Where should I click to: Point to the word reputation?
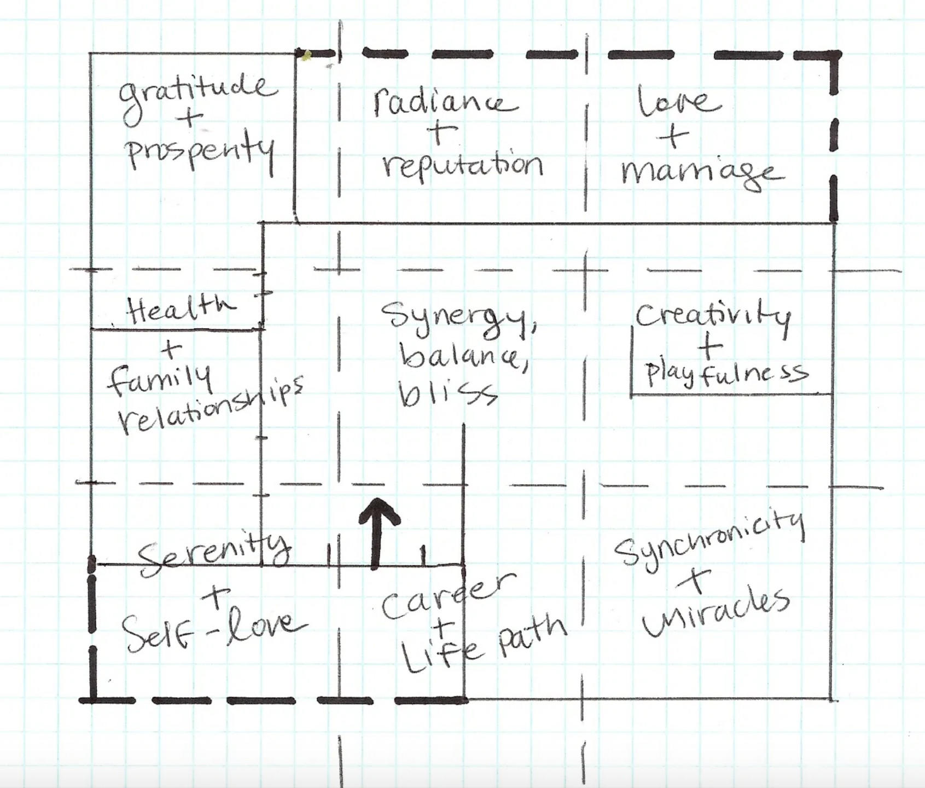point(463,164)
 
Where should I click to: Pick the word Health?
point(181,310)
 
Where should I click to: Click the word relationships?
point(211,408)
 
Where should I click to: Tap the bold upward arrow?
point(377,531)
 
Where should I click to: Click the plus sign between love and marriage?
point(673,136)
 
